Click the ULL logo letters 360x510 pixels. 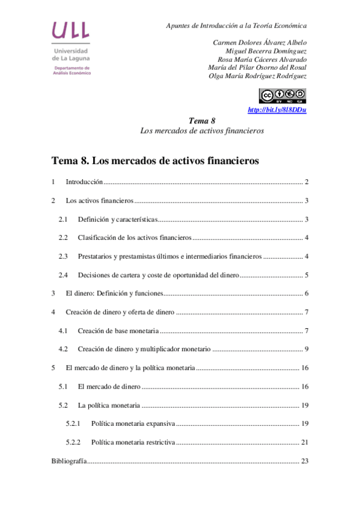point(71,31)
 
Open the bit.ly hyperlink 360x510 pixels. point(277,109)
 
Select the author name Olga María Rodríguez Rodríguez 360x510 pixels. point(257,76)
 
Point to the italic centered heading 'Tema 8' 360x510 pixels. point(202,120)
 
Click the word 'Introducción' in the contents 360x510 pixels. point(84,182)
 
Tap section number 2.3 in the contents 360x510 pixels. point(63,256)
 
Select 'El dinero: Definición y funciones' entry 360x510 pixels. point(114,293)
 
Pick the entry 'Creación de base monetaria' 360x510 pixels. point(118,331)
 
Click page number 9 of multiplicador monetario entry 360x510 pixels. point(307,349)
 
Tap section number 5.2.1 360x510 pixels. point(74,424)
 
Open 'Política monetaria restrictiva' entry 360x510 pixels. point(133,443)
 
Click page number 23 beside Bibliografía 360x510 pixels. point(305,461)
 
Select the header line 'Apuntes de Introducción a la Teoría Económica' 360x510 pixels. point(236,26)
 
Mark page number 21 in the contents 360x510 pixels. point(305,443)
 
